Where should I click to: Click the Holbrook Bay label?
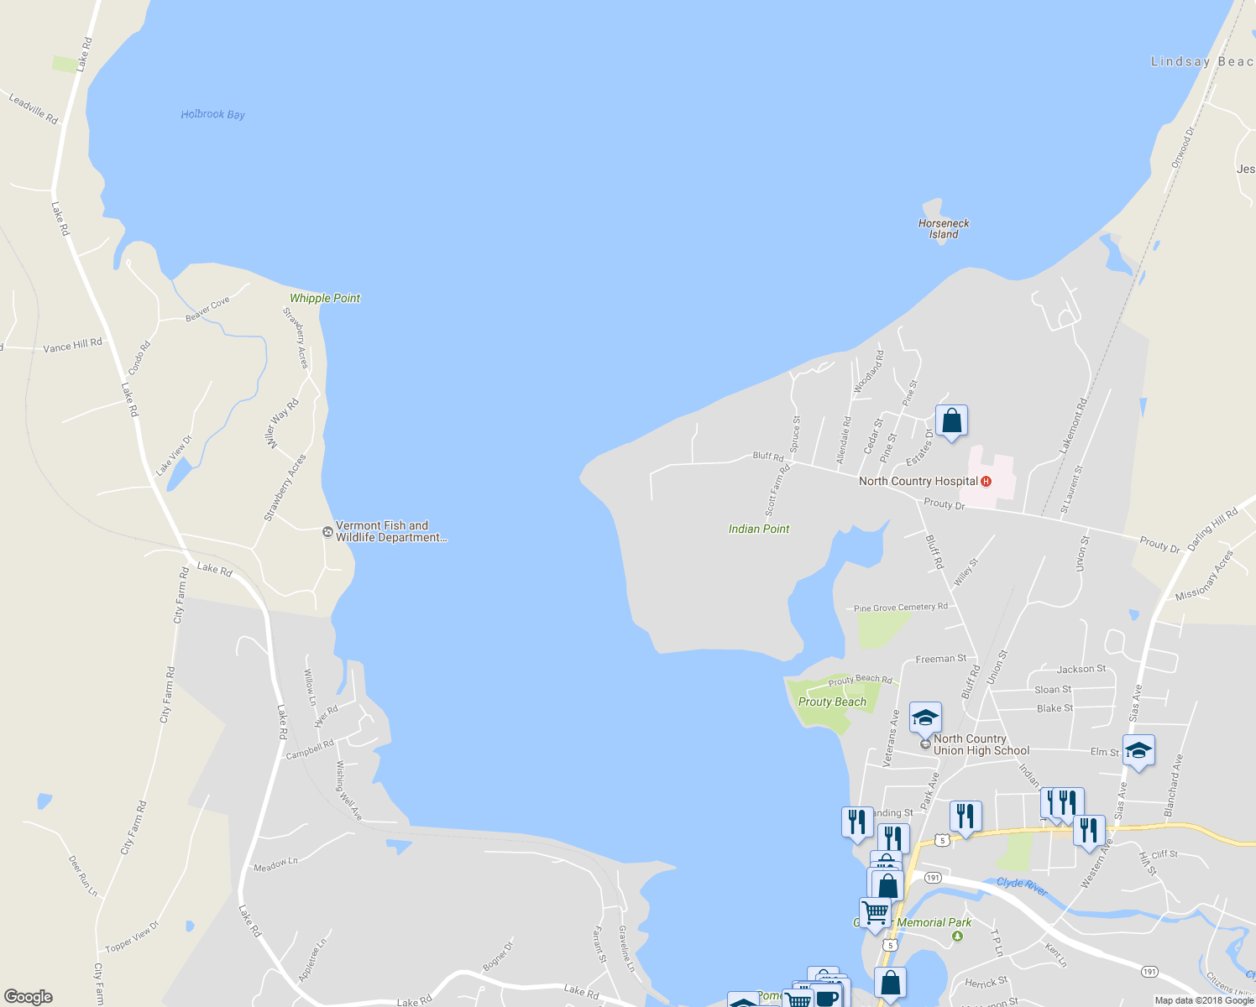click(x=212, y=114)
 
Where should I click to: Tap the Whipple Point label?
click(x=324, y=298)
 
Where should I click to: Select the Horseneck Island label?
click(x=944, y=228)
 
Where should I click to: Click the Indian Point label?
click(x=759, y=529)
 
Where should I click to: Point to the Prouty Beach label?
click(x=832, y=702)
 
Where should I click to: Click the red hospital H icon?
click(x=986, y=481)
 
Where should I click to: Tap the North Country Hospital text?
click(x=918, y=481)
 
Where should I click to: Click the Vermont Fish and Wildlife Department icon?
click(x=327, y=531)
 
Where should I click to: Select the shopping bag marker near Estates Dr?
click(x=951, y=420)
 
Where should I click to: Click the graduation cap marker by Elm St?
click(x=1138, y=750)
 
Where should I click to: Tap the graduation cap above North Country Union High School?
click(x=925, y=717)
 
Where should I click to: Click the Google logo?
click(x=29, y=996)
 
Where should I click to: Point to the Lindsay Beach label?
click(x=1201, y=61)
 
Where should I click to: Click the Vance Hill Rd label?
click(x=72, y=345)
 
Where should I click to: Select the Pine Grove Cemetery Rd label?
click(x=900, y=608)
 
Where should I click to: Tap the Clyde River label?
click(x=1022, y=886)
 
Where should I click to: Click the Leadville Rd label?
click(x=34, y=109)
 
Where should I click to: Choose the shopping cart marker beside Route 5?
click(x=875, y=912)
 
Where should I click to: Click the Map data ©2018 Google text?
click(x=1204, y=999)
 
